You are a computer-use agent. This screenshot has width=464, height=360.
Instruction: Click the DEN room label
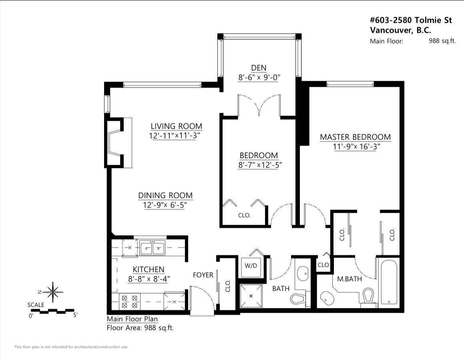pos(259,68)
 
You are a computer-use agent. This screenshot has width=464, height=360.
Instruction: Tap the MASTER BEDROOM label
pos(355,137)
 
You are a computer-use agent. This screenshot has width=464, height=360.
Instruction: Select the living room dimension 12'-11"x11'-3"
pos(175,136)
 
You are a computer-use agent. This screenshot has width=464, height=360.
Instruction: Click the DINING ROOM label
pos(165,195)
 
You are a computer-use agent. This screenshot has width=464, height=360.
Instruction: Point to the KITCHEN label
pos(148,269)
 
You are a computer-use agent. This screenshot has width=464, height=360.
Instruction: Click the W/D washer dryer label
pos(251,266)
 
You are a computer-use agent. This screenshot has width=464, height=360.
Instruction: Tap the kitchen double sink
pos(153,248)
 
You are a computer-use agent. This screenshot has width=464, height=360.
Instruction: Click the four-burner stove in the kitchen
pos(130,302)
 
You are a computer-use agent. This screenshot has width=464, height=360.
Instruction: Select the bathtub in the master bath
pos(388,283)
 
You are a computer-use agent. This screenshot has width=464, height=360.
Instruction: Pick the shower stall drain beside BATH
pos(251,296)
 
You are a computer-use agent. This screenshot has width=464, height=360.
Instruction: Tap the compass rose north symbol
pos(52,292)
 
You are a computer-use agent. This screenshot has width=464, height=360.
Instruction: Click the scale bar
pos(52,311)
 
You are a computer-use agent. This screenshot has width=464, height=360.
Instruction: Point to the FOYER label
pos(203,275)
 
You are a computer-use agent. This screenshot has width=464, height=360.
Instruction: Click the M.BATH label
pos(350,279)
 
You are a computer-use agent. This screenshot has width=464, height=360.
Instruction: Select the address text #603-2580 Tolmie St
pos(411,20)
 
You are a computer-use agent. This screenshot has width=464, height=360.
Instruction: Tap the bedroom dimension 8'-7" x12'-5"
pos(260,165)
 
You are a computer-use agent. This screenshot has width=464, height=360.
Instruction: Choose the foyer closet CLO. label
pos(228,286)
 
